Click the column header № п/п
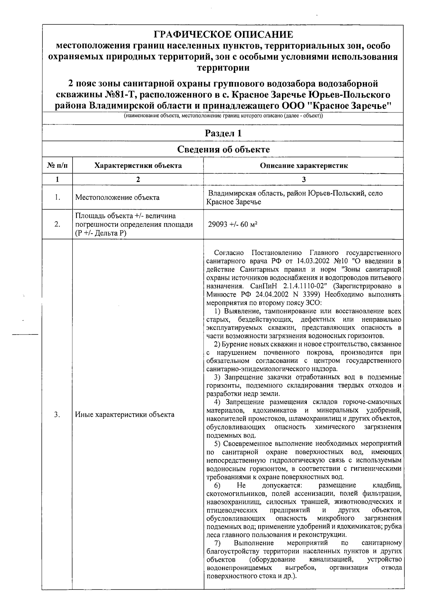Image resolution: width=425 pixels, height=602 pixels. (57, 166)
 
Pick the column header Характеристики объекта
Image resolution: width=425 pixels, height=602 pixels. (138, 166)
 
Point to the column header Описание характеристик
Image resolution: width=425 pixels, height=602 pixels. (304, 166)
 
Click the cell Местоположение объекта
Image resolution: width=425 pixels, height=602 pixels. (117, 198)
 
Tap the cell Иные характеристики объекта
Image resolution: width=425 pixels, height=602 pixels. (125, 414)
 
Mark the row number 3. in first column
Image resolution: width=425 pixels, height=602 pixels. (57, 414)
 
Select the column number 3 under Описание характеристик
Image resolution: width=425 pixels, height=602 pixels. (304, 180)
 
